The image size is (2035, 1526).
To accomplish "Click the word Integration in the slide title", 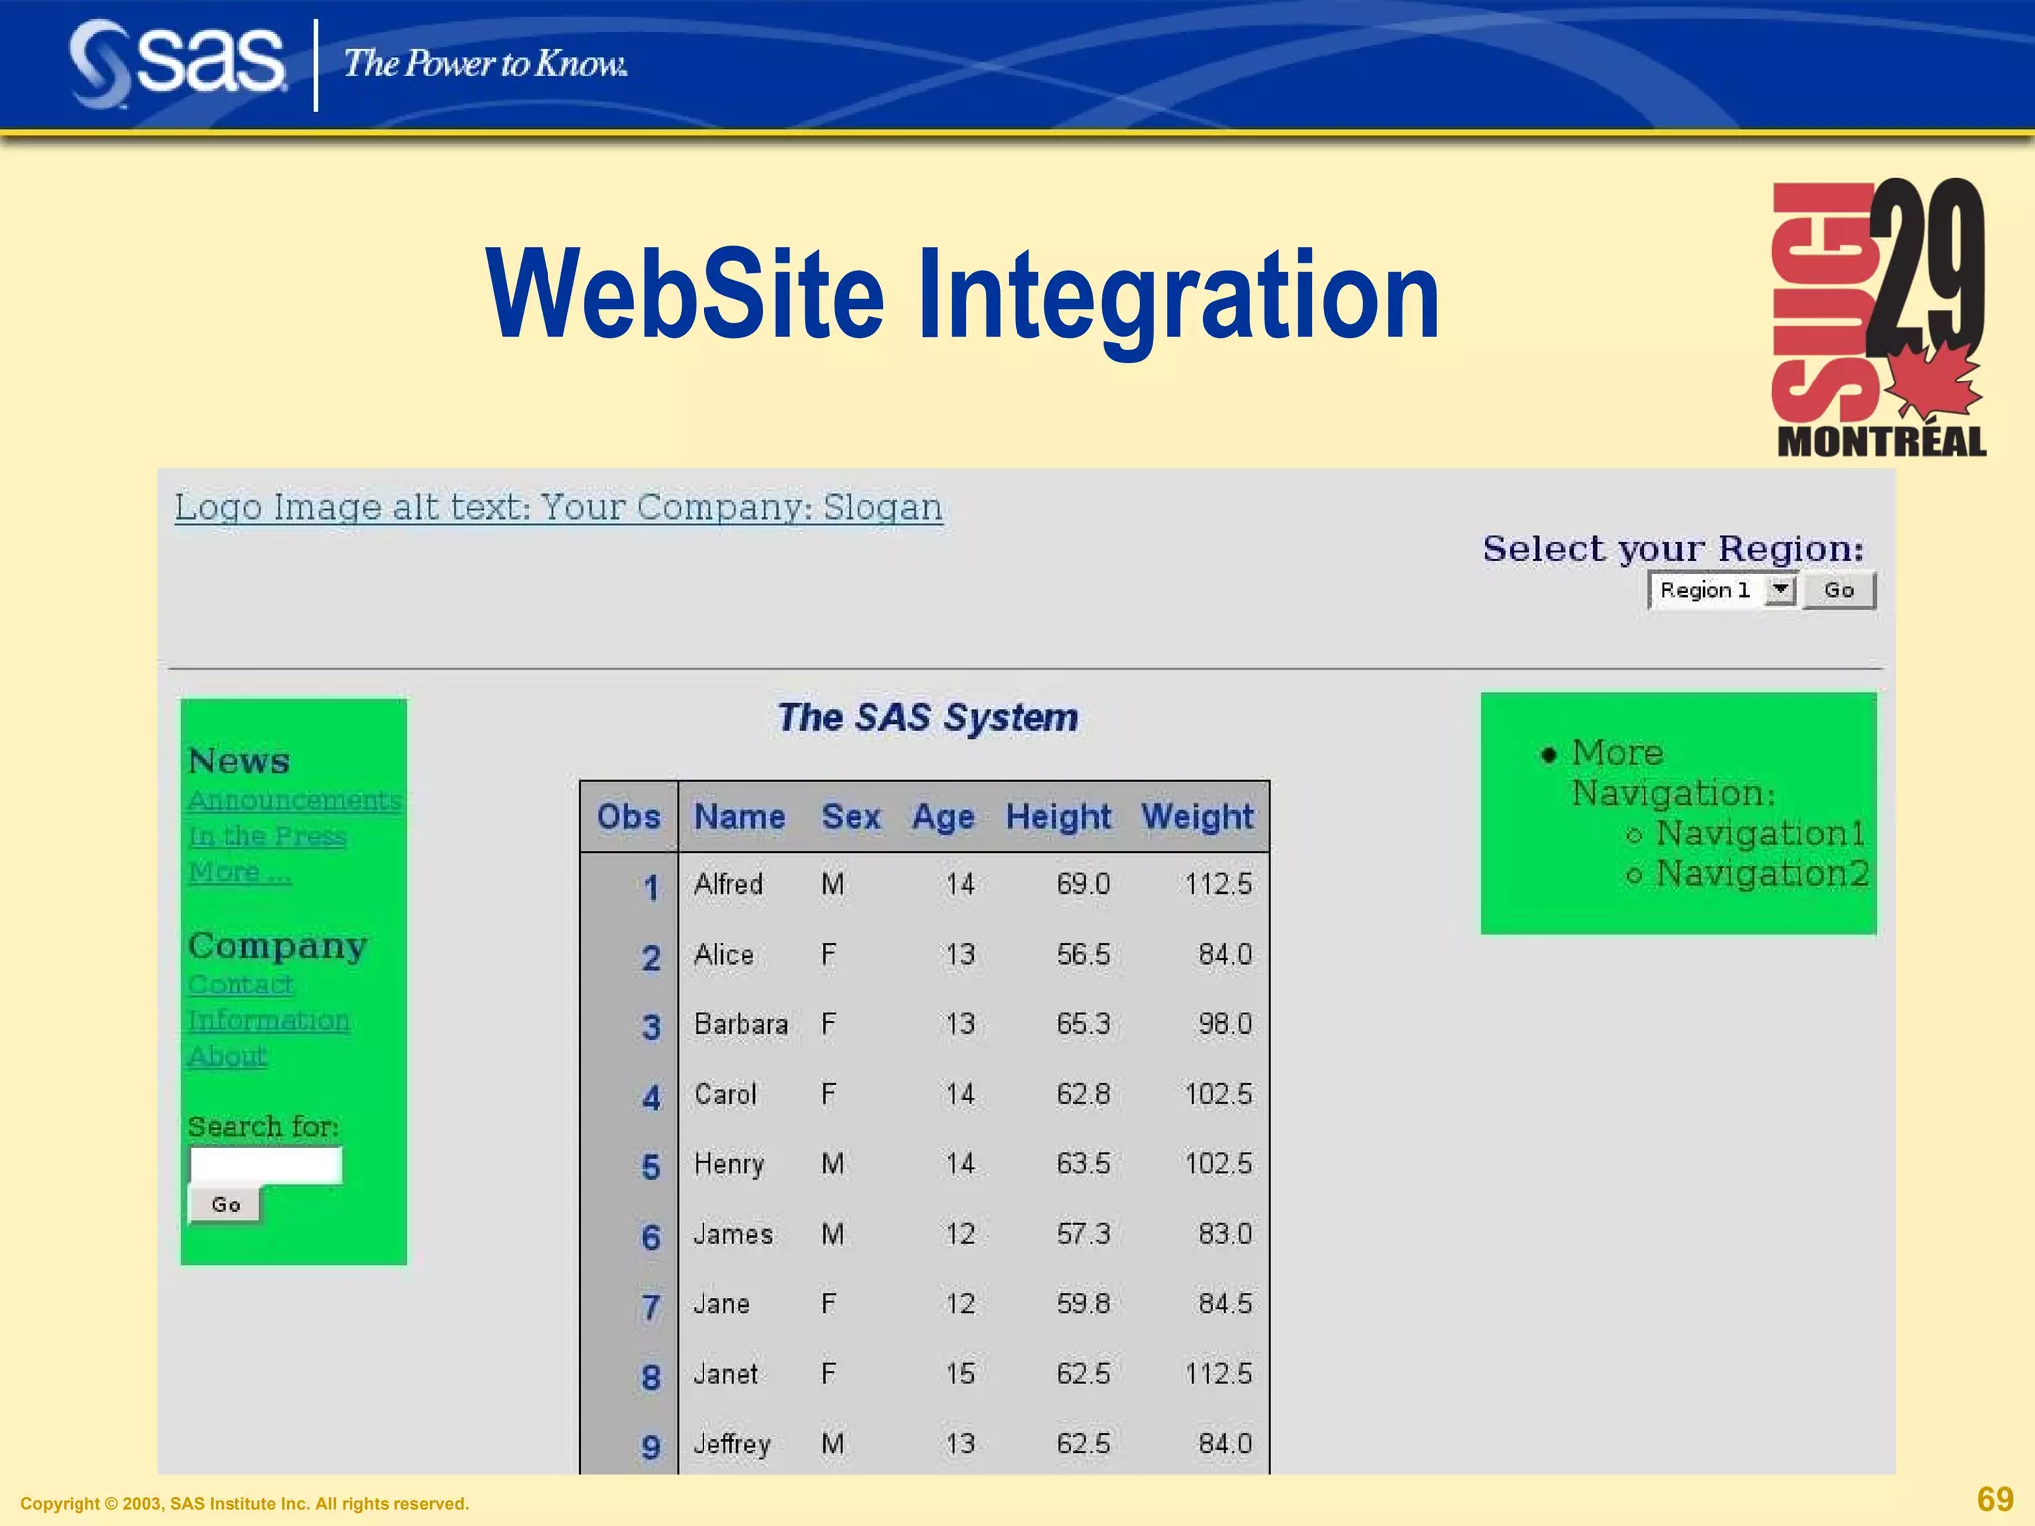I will click(x=1177, y=296).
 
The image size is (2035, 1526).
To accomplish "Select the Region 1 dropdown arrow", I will click(x=1781, y=590).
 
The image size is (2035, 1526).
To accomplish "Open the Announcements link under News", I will click(x=294, y=801).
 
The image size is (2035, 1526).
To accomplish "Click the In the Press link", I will click(x=267, y=837).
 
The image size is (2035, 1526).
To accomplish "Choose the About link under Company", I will click(x=228, y=1056).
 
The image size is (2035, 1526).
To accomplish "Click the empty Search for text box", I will click(x=265, y=1165).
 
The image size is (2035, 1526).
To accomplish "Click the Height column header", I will click(x=1057, y=817).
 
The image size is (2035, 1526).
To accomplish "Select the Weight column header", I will click(x=1196, y=817).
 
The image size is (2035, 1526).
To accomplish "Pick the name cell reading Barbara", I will click(x=740, y=1024).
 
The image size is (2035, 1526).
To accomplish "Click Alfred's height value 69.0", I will click(x=1082, y=884).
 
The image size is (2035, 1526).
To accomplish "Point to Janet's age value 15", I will click(x=960, y=1374).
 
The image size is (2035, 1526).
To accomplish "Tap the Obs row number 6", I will click(x=650, y=1237).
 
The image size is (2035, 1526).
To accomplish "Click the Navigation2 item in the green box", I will click(x=1762, y=874).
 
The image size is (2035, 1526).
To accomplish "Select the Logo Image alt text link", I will click(x=558, y=507).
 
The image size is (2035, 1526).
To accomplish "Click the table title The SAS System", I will click(x=927, y=717).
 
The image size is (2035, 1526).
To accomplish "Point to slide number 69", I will click(x=1995, y=1498).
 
